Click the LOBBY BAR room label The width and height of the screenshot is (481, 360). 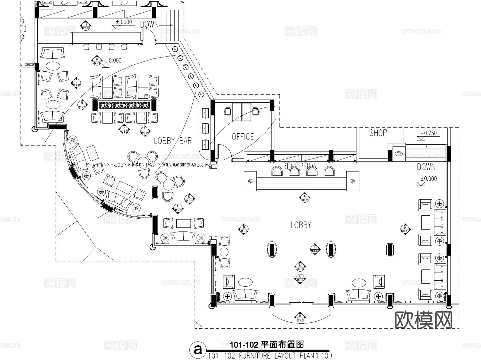coord(173,141)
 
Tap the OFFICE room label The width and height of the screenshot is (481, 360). coord(243,137)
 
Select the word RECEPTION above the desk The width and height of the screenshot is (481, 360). coord(300,166)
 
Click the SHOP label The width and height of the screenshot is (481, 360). coord(378,133)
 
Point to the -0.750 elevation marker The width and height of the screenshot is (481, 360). coord(429,133)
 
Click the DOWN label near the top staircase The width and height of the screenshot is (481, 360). coord(149,24)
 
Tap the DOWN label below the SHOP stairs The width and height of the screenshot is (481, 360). coord(426,167)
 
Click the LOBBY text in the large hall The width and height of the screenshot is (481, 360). coord(301,225)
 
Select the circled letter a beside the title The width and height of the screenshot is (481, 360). coord(198,349)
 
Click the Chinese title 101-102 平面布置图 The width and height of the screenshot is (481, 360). coord(267,345)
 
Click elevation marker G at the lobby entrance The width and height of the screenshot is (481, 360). coord(300,317)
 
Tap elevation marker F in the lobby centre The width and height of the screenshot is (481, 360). coord(315,249)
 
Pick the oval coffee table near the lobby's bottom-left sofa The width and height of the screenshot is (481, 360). coord(245,282)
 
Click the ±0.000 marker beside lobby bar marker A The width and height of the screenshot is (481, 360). coord(113,61)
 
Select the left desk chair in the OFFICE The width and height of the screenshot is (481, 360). coord(228,111)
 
